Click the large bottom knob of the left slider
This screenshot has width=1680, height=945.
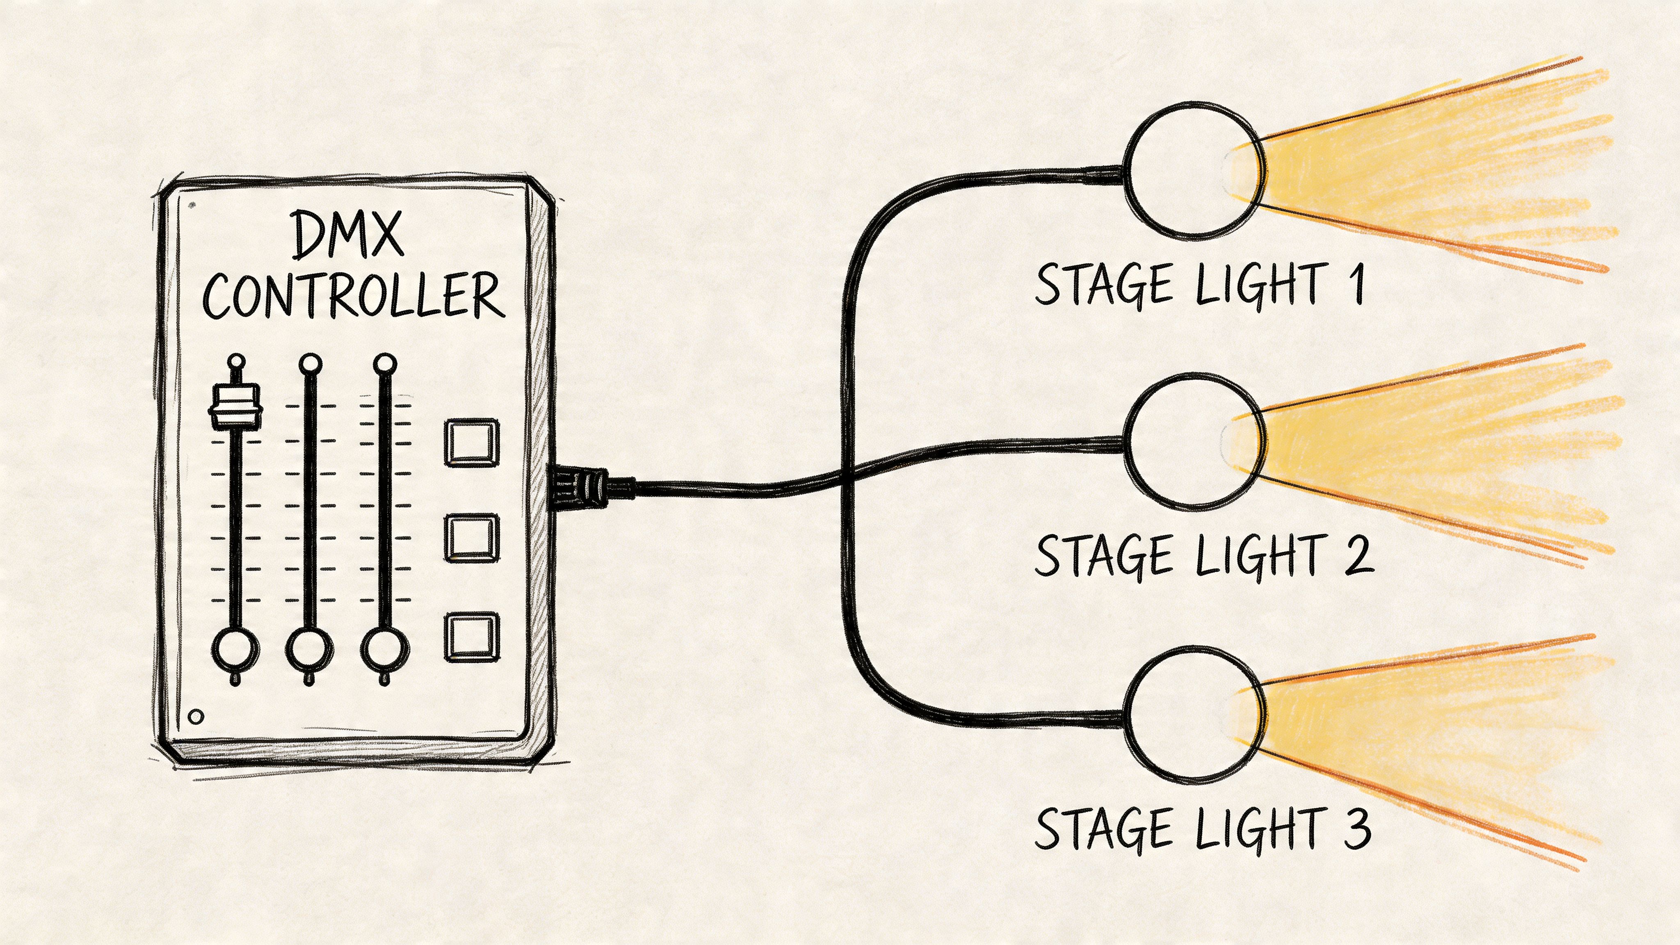click(x=235, y=650)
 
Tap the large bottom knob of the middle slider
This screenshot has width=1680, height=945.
click(x=309, y=650)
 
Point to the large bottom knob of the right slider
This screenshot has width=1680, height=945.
click(x=385, y=650)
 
